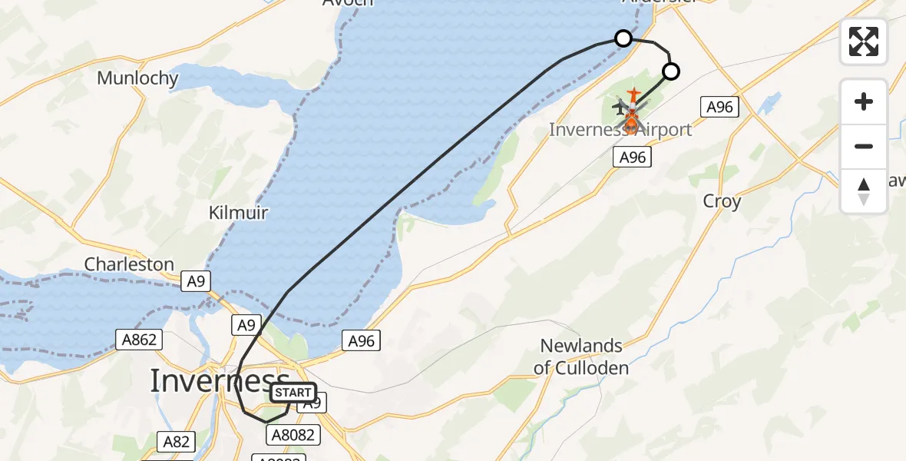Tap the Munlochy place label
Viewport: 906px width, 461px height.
[x=138, y=78]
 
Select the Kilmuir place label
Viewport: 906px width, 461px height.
[x=238, y=213]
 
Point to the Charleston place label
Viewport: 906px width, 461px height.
[x=129, y=264]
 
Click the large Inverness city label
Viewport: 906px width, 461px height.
[x=220, y=381]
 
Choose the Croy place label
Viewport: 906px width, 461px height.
[x=722, y=201]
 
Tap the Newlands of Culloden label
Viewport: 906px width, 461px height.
[x=581, y=357]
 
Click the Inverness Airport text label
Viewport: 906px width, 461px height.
[x=620, y=130]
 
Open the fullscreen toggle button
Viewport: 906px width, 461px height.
[x=864, y=41]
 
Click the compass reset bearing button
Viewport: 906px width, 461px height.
[x=864, y=191]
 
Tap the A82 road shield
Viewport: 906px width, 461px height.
[x=175, y=441]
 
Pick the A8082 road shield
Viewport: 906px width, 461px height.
[x=292, y=435]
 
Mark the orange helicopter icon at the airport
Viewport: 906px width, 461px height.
[x=631, y=120]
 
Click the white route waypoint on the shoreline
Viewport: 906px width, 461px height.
[x=623, y=38]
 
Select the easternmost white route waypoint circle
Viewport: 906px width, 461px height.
[x=671, y=72]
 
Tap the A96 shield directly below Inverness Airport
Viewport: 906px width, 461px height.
[x=632, y=158]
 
